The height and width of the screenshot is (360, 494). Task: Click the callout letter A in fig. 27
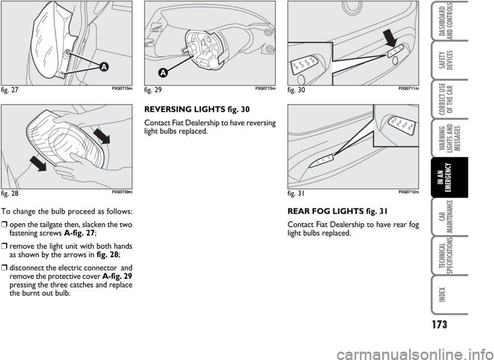tap(104, 67)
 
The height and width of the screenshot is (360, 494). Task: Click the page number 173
tap(439, 324)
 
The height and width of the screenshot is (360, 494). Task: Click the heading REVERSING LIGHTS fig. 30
tap(197, 109)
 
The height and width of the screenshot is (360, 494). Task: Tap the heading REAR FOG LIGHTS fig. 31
tap(338, 211)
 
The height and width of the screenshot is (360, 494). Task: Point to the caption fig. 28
tap(10, 193)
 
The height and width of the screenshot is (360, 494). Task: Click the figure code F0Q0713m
tap(265, 88)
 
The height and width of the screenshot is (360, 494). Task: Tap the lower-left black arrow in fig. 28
tap(38, 164)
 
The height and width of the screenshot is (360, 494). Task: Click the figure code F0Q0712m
tap(409, 192)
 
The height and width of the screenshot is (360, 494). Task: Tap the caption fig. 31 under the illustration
tap(296, 193)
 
